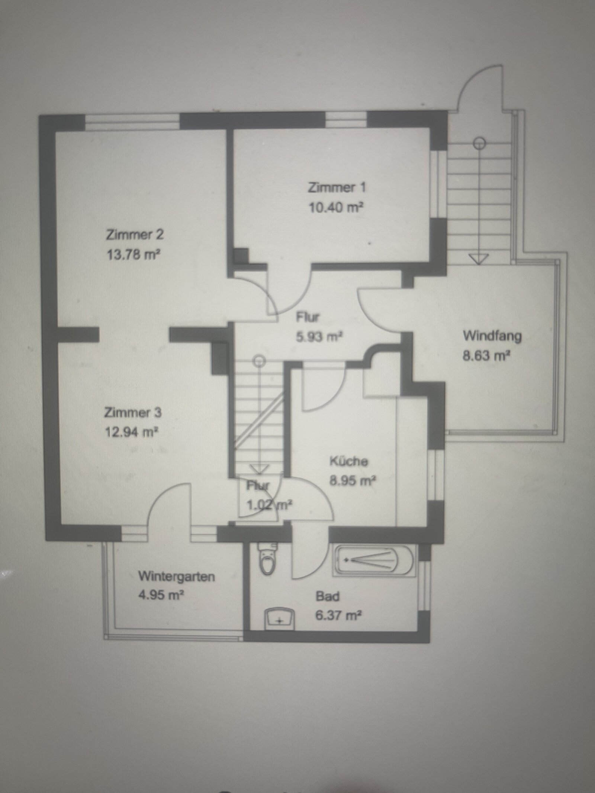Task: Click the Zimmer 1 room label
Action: click(337, 187)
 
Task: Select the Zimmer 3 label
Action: click(133, 412)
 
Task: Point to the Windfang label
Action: click(492, 336)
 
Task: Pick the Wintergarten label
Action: click(177, 576)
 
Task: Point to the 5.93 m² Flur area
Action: click(319, 337)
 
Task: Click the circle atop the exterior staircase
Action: click(480, 142)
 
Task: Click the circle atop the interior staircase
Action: click(259, 360)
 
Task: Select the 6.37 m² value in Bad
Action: click(338, 615)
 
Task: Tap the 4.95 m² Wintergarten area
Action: click(161, 596)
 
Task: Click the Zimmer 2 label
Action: click(135, 235)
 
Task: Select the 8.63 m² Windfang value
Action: click(486, 356)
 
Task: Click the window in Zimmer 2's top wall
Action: click(132, 123)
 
